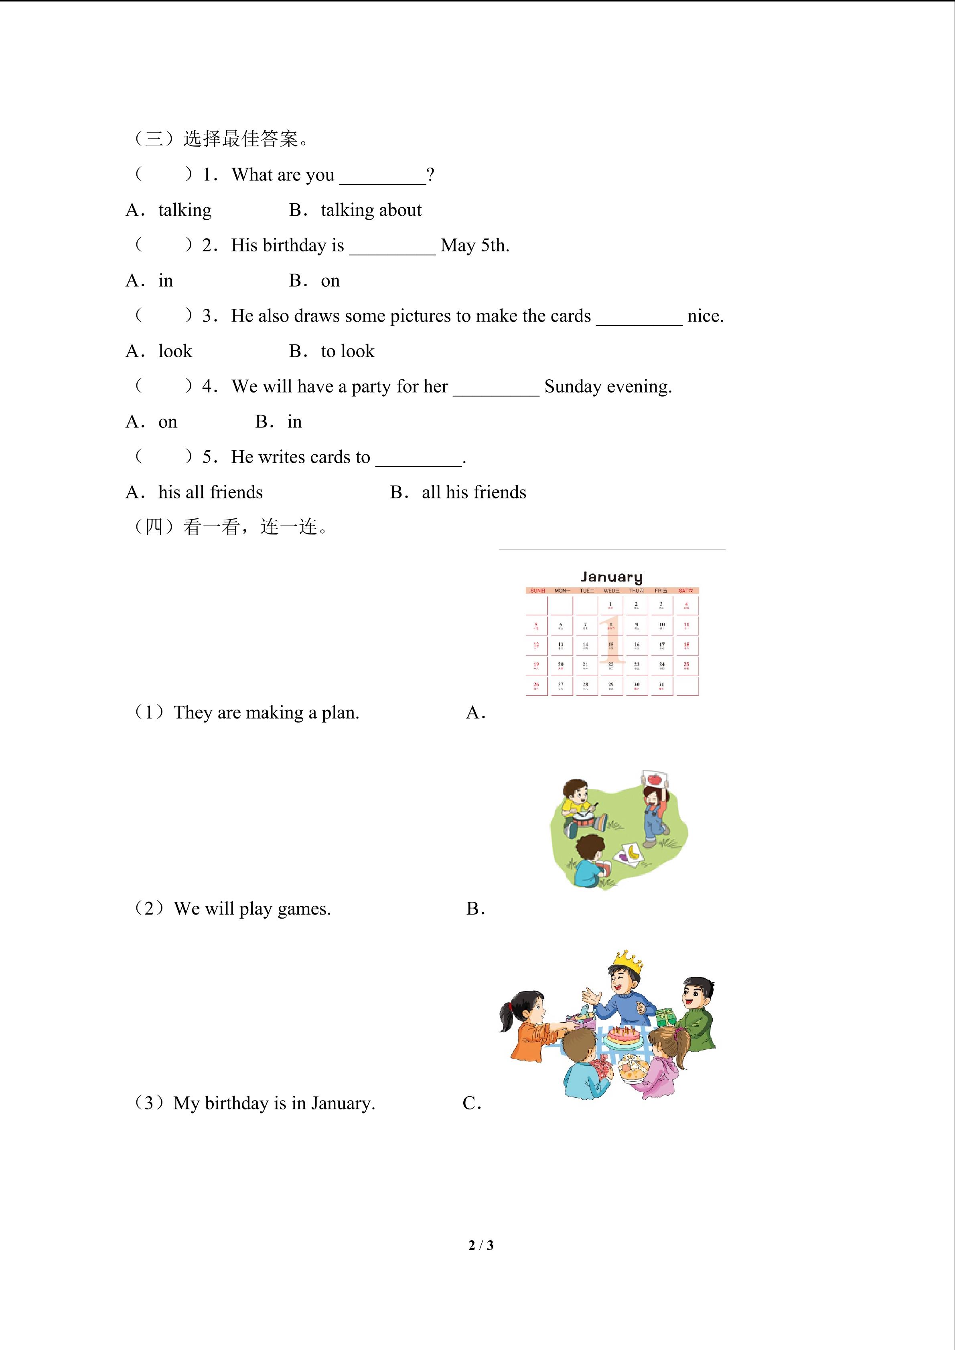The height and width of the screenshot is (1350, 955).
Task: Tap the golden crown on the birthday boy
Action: point(627,962)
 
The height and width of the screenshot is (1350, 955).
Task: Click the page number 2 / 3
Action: point(481,1245)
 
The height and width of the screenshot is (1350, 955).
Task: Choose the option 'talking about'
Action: point(371,210)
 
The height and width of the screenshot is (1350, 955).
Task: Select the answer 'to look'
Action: point(347,351)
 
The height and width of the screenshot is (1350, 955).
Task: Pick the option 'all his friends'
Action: point(473,492)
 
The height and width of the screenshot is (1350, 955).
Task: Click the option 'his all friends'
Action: point(210,492)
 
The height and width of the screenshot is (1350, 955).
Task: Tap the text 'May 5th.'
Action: point(474,245)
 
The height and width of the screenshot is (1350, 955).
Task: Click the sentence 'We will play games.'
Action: point(252,909)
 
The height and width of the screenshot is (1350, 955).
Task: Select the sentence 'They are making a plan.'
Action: point(266,712)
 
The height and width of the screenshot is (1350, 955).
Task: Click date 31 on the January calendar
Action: point(661,685)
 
